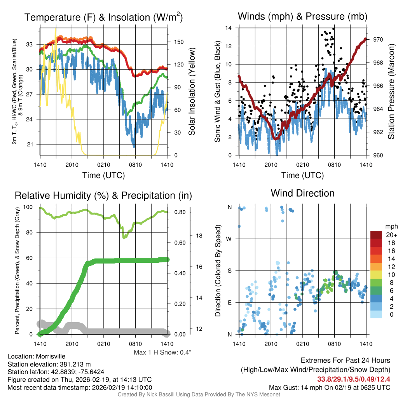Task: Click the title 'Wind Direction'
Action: pyautogui.click(x=302, y=193)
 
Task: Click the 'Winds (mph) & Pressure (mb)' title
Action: pyautogui.click(x=302, y=17)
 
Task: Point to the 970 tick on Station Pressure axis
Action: pyautogui.click(x=377, y=40)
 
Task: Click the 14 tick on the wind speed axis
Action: pyautogui.click(x=229, y=28)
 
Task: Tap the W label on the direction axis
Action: pyautogui.click(x=229, y=239)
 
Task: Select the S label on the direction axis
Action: pyautogui.click(x=229, y=271)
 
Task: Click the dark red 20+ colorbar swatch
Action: pyautogui.click(x=376, y=235)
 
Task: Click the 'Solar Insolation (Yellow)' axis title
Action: pyautogui.click(x=191, y=91)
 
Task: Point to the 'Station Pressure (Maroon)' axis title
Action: pyautogui.click(x=391, y=91)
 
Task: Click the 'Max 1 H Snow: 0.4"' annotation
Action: pyautogui.click(x=162, y=353)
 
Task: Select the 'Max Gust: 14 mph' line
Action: pyautogui.click(x=330, y=388)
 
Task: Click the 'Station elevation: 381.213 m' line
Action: pyautogui.click(x=49, y=364)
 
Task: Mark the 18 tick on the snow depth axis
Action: pyautogui.click(x=199, y=236)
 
